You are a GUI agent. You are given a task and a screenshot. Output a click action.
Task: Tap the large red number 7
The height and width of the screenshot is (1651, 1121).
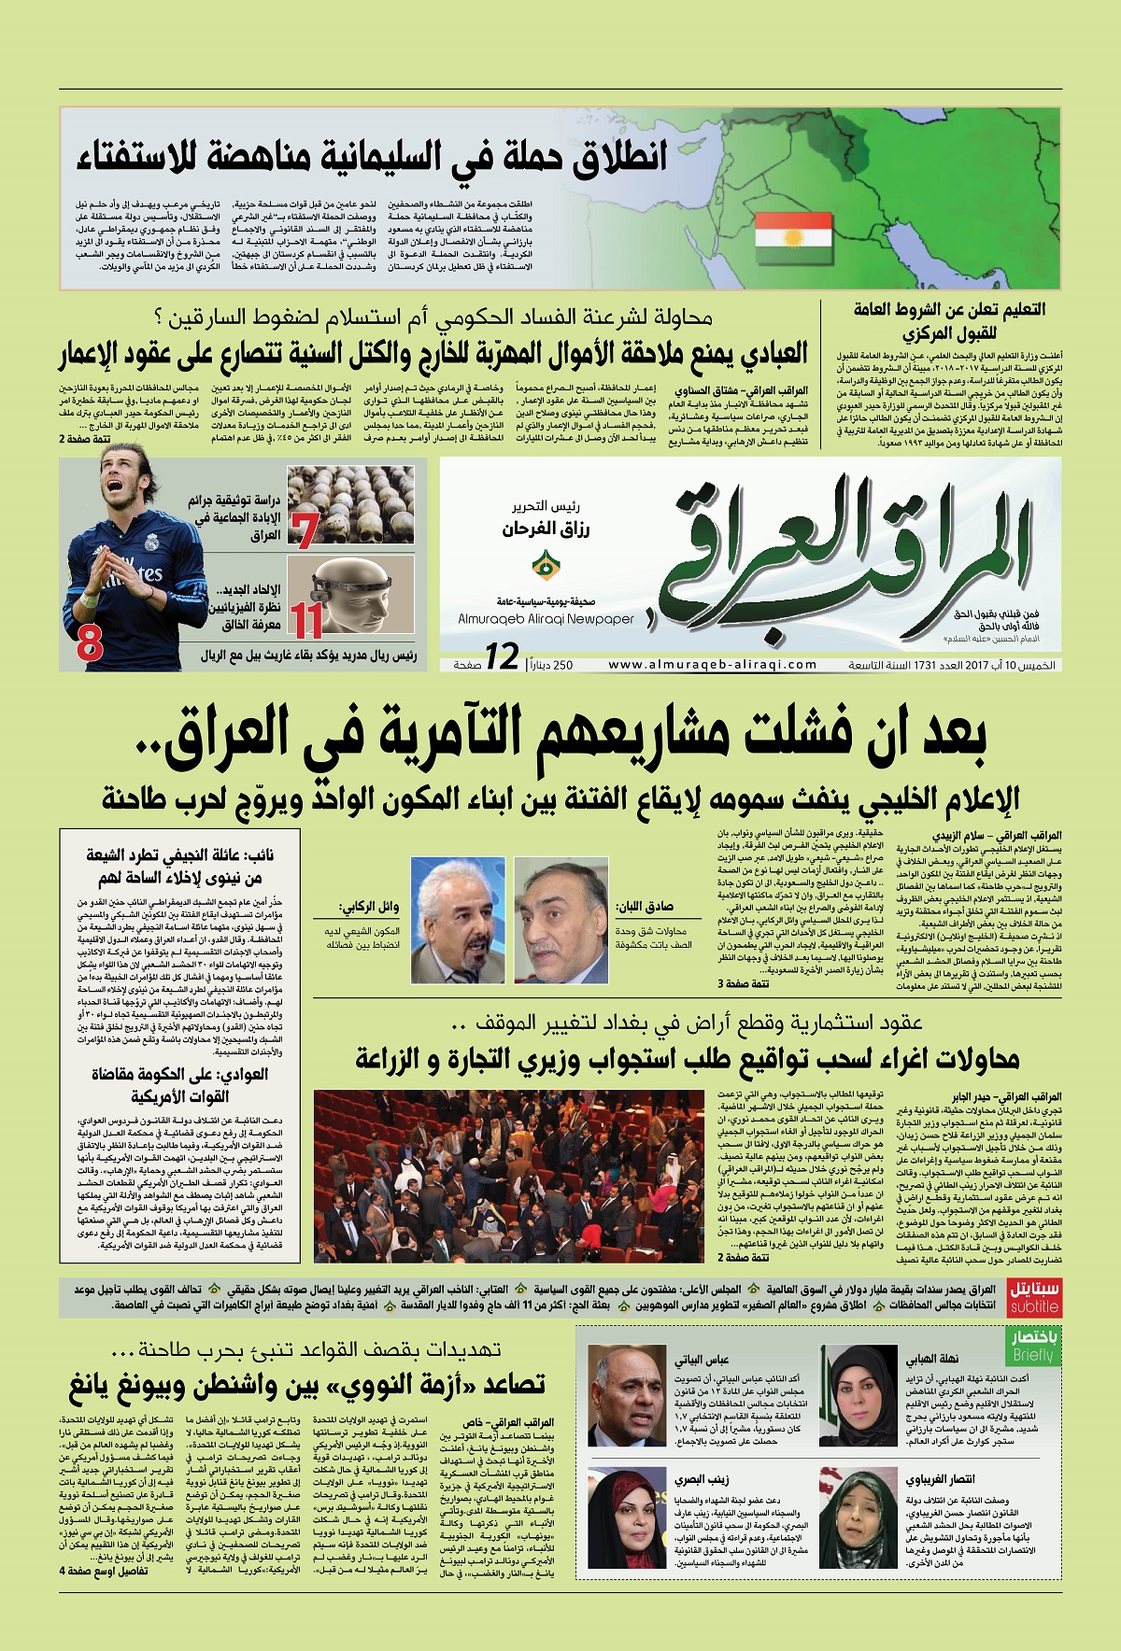coord(305,529)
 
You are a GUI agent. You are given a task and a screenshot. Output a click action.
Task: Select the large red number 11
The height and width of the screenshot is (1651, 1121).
coord(305,619)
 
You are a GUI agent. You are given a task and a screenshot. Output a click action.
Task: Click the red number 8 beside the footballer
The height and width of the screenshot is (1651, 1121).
coord(90,643)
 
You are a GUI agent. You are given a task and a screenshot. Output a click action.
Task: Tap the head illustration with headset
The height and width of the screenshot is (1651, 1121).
coord(350,597)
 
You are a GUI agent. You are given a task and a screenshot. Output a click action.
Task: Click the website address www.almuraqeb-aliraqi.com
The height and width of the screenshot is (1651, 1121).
coord(713,665)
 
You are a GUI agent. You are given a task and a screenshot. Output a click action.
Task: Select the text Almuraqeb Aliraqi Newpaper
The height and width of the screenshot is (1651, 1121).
coord(546,618)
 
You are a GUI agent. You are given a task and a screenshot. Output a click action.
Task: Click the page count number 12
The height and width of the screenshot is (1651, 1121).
coord(502,656)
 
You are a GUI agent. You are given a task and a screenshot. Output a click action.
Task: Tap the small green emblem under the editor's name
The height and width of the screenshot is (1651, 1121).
coord(542,565)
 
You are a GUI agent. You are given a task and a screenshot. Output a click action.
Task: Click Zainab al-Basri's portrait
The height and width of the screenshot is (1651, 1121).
coord(625,1510)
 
